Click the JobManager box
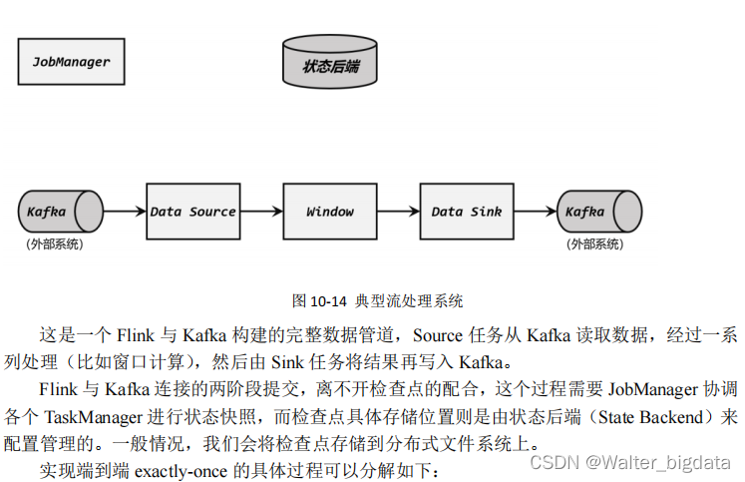tap(72, 62)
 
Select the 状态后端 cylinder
tap(330, 64)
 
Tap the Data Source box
tap(192, 212)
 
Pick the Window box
tap(329, 212)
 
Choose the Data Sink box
tap(466, 212)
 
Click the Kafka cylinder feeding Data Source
tap(58, 212)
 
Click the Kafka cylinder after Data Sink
tap(596, 212)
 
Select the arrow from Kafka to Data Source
tap(125, 212)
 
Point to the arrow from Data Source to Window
tap(261, 212)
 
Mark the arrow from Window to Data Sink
tap(398, 212)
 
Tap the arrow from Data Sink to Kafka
tap(534, 212)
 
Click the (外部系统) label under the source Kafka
tap(55, 243)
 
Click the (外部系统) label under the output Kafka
tap(595, 243)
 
